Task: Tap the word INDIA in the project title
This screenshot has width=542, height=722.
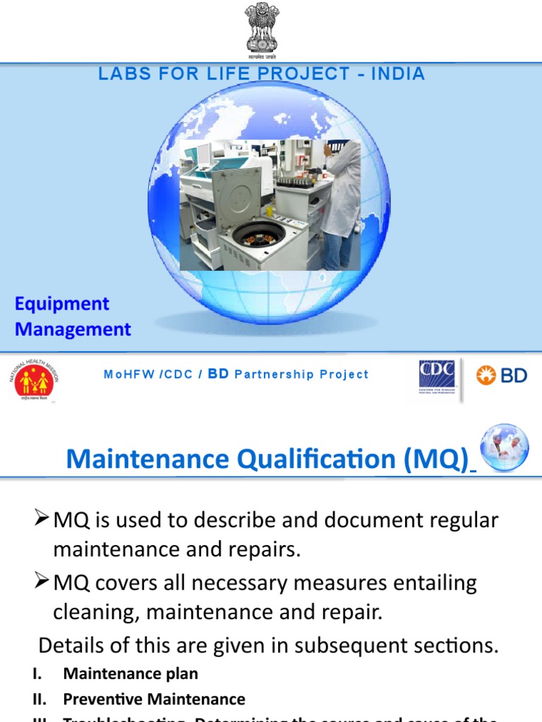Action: pyautogui.click(x=398, y=74)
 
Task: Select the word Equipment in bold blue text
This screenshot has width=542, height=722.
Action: pyautogui.click(x=62, y=304)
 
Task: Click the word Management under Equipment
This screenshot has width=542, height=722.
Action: pyautogui.click(x=73, y=329)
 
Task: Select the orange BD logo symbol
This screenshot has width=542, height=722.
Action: pyautogui.click(x=486, y=375)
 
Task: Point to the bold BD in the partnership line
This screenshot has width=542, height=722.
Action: pyautogui.click(x=219, y=374)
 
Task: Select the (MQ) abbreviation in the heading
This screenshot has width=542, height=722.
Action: pyautogui.click(x=436, y=459)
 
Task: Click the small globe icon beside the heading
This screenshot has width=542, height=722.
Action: pyautogui.click(x=504, y=446)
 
